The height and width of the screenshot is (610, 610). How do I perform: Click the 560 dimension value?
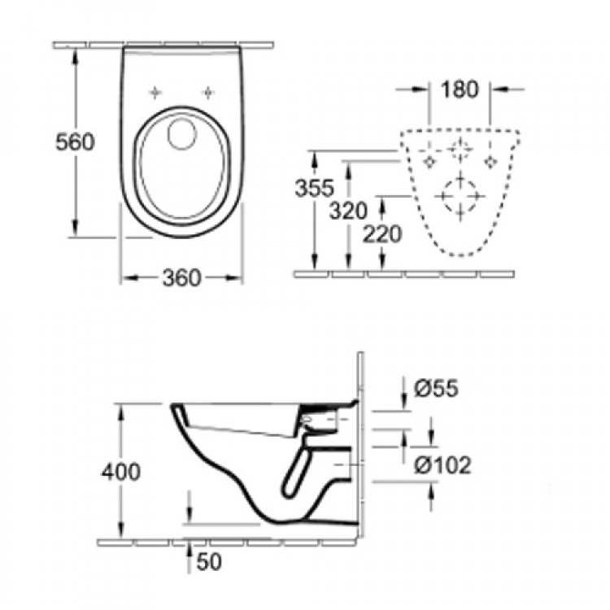tap(75, 142)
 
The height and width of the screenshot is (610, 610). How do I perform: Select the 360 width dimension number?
tap(181, 278)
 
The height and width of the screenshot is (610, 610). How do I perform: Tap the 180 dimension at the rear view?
tap(460, 89)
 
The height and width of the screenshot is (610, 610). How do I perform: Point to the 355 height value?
tap(314, 189)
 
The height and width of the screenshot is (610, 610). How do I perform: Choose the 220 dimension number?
tap(382, 234)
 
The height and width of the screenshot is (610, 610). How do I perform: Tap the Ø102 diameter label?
tap(442, 465)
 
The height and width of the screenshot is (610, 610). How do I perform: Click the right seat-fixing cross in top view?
tap(209, 91)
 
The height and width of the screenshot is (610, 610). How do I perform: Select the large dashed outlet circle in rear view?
tap(460, 195)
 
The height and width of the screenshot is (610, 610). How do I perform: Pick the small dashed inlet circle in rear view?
tap(460, 150)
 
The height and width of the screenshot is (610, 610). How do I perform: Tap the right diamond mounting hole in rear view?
tap(490, 162)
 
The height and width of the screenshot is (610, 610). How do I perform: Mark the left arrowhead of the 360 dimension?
tap(127, 278)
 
